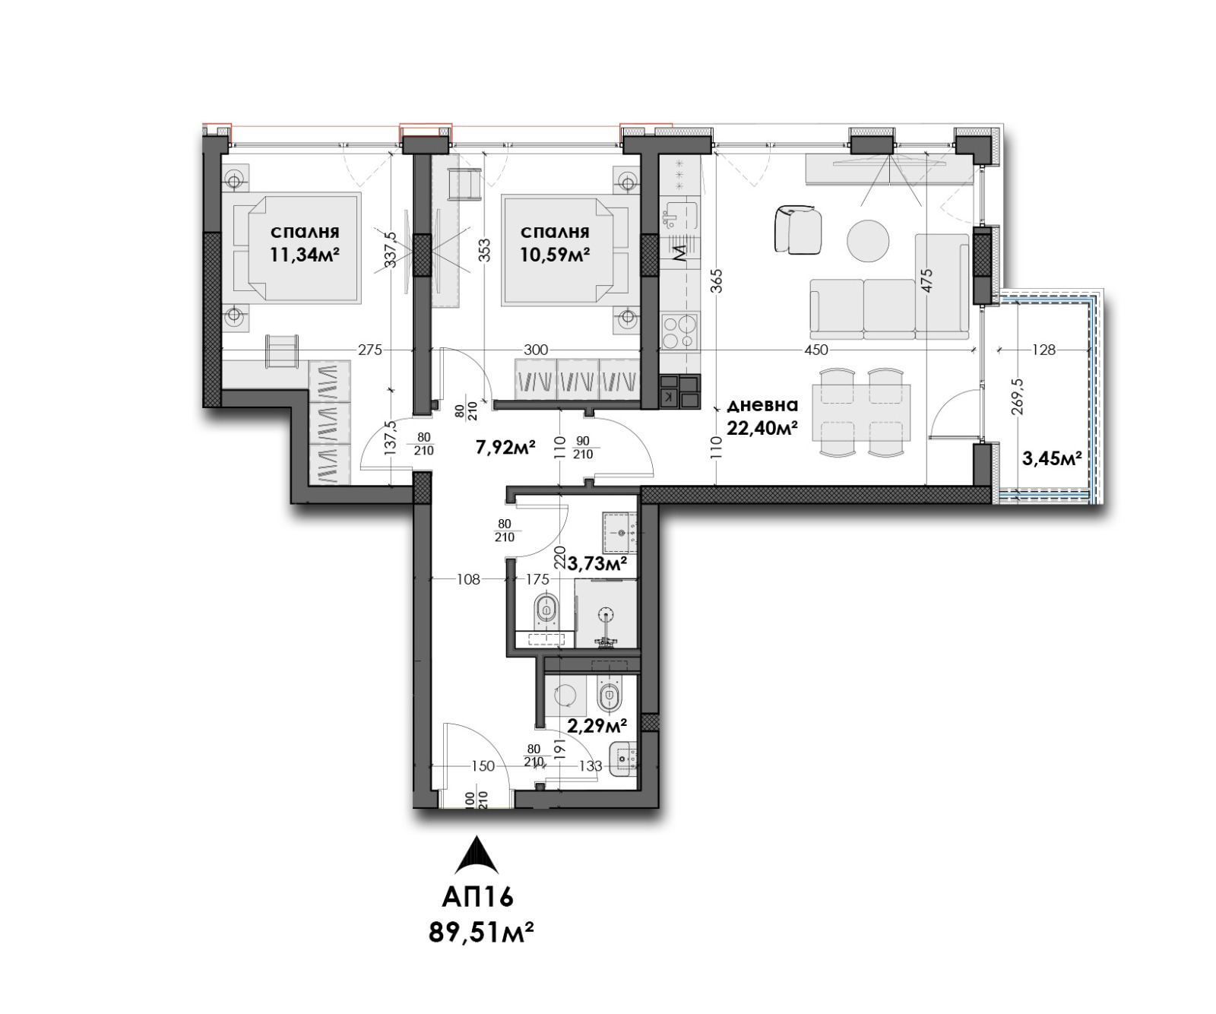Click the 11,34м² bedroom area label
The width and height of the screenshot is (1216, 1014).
(x=304, y=254)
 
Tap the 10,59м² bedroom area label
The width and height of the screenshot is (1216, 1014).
(x=555, y=254)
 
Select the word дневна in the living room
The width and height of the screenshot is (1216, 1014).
(x=762, y=405)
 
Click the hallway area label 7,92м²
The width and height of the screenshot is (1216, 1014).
(x=505, y=446)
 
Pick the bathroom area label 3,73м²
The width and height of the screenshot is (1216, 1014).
(x=598, y=563)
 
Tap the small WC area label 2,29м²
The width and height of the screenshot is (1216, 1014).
(x=597, y=725)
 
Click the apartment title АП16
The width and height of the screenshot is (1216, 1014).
(x=478, y=897)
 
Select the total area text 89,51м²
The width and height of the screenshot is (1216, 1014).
(x=480, y=932)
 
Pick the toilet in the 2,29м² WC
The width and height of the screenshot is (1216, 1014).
(x=610, y=696)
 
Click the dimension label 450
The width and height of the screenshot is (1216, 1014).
(x=815, y=350)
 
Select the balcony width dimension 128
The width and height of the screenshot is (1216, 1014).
(x=1045, y=350)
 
